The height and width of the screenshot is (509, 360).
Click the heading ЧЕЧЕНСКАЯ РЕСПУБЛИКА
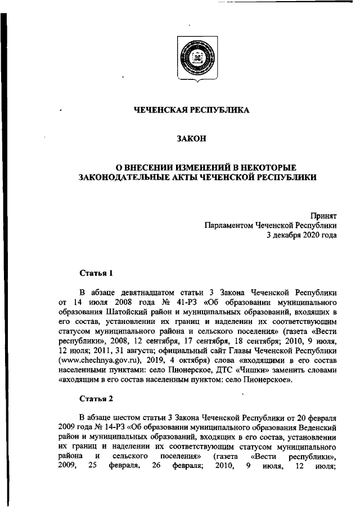191,110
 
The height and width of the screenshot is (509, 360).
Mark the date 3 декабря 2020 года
301,236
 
